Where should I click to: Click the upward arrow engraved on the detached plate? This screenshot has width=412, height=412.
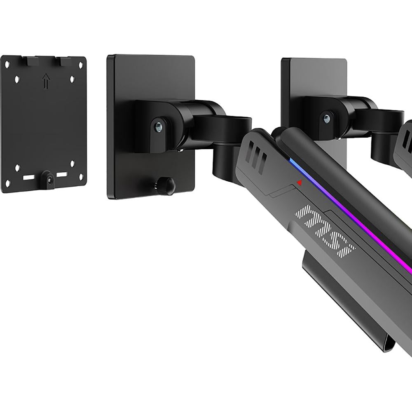coord(46,81)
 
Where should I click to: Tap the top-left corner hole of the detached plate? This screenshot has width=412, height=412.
coord(7,64)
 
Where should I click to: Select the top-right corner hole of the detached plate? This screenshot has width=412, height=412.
coord(81,65)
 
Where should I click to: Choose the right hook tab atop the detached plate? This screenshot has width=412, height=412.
coord(66,61)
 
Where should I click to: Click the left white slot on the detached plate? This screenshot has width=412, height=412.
coord(29,178)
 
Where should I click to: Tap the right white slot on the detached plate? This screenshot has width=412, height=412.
coord(62,175)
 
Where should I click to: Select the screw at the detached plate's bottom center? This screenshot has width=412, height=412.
coord(49,179)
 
